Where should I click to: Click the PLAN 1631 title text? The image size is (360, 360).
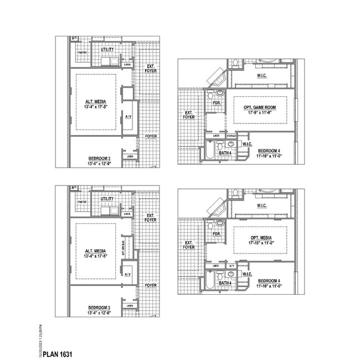click(58, 353)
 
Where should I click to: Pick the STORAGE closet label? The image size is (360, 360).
click(231, 136)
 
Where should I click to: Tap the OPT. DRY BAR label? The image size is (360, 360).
click(122, 243)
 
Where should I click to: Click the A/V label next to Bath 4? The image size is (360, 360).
click(232, 266)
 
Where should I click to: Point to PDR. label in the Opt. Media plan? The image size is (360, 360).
click(216, 234)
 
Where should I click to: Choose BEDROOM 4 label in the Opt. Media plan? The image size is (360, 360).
click(269, 281)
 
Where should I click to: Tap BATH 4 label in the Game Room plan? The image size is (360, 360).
click(225, 152)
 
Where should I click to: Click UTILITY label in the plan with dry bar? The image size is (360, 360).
click(107, 198)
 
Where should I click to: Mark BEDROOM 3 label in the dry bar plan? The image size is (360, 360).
click(100, 307)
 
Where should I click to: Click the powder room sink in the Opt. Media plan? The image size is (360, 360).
click(220, 223)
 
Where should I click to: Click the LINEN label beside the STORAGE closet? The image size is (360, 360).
click(216, 136)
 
